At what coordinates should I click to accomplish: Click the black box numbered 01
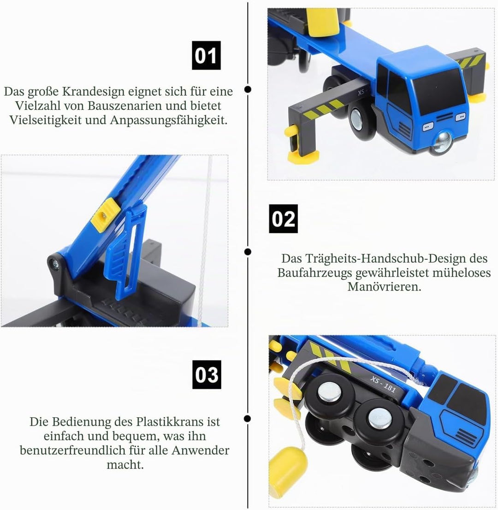coord(206,55)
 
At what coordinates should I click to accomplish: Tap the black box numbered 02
coord(283,219)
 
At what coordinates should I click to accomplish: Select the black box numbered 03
coord(207,375)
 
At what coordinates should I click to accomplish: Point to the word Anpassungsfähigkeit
coord(168,120)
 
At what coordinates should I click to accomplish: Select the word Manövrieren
coord(384,286)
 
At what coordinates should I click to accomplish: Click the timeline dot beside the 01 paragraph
coord(248,89)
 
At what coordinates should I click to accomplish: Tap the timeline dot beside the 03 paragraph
coord(248,418)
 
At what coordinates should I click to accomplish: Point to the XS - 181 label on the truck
coord(383,384)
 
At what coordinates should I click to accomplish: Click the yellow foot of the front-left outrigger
coord(302,158)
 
